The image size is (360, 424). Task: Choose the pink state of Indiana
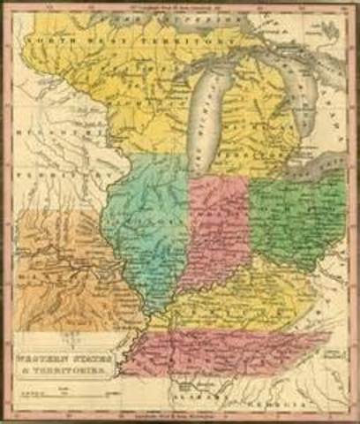tap(217, 234)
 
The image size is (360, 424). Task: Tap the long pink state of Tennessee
tap(229, 349)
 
